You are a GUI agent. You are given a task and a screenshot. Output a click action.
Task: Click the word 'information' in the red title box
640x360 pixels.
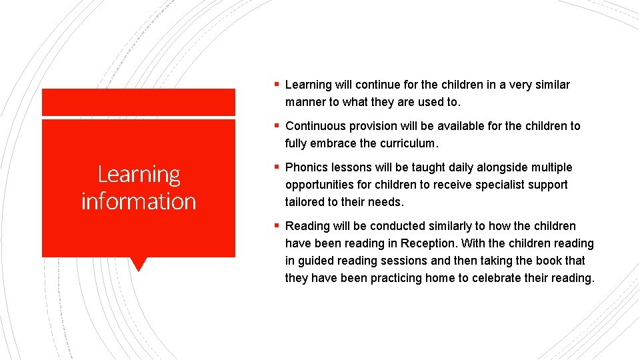point(139,201)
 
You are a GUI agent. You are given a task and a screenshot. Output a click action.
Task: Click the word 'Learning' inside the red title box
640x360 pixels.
point(139,174)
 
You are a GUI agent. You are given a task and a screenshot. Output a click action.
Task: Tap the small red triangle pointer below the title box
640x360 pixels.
point(138,264)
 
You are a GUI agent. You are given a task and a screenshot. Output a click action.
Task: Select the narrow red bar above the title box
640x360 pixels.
point(139,102)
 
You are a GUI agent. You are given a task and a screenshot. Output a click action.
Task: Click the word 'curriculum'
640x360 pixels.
point(407,143)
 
